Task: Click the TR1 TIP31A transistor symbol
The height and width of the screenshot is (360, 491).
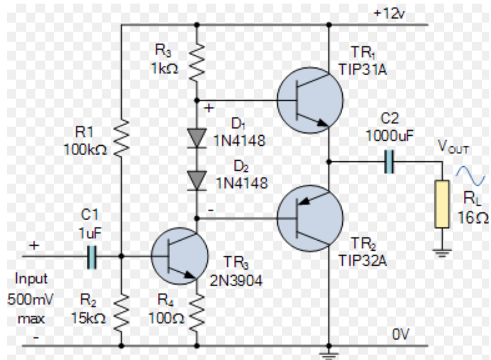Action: [x=310, y=100]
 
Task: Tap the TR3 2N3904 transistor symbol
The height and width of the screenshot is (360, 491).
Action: [x=179, y=256]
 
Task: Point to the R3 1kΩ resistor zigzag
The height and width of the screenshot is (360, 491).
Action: [x=197, y=62]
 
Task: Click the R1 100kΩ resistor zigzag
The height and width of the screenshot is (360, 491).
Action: [x=121, y=138]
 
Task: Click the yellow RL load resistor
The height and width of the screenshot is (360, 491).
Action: [x=442, y=204]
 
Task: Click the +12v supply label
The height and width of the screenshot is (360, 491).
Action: [x=389, y=13]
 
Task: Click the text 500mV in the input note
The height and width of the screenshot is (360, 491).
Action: [x=30, y=299]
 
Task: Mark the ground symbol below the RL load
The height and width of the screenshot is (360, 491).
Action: [x=442, y=253]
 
